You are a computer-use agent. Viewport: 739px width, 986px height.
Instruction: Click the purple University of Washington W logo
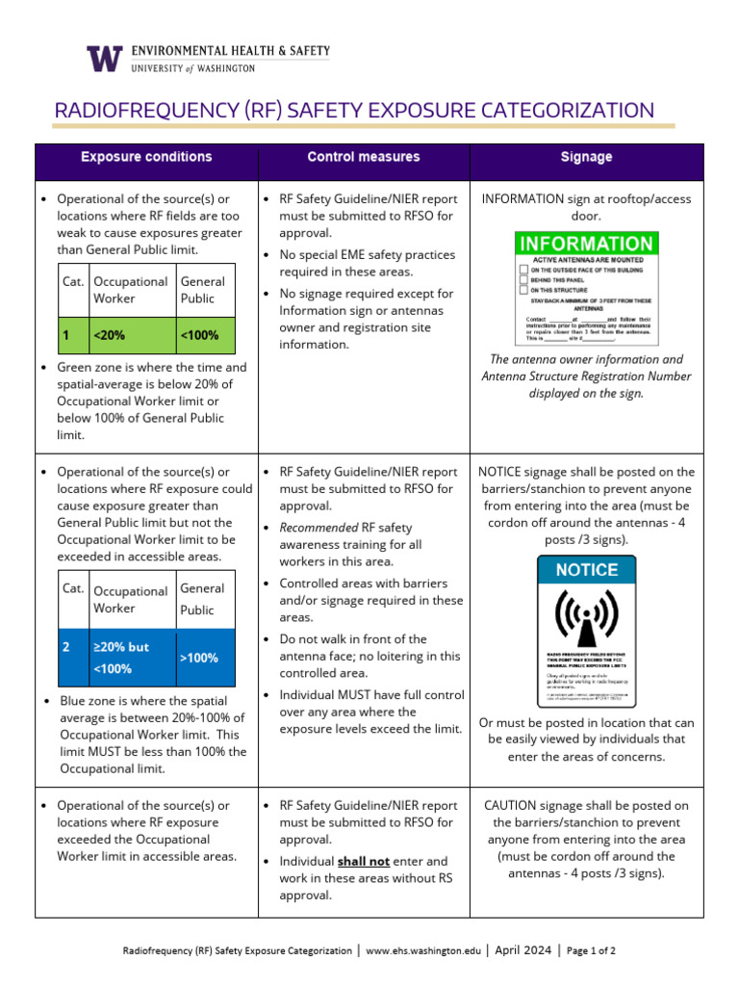click(105, 59)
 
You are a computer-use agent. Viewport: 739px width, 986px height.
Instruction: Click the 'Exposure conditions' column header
click(146, 157)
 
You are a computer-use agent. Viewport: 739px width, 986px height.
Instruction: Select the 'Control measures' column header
click(363, 157)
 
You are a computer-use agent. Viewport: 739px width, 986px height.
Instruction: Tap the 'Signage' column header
click(586, 157)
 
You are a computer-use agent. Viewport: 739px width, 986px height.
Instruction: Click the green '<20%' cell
click(132, 335)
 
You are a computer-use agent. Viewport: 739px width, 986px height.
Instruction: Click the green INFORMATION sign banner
click(585, 244)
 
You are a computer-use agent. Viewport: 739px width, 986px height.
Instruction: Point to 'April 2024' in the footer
click(524, 950)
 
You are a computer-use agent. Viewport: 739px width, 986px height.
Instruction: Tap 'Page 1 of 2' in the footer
click(592, 950)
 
